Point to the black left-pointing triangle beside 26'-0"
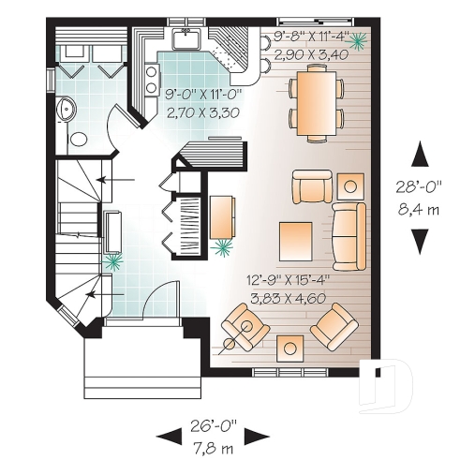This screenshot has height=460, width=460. coord(170,434)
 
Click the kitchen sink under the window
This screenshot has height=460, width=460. coord(185,39)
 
